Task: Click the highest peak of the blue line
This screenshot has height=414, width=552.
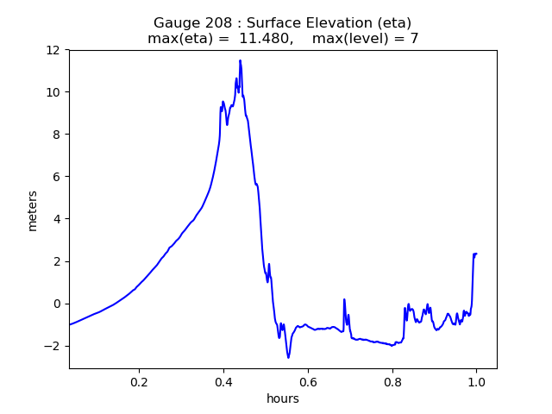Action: click(x=240, y=60)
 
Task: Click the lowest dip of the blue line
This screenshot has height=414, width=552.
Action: click(x=288, y=357)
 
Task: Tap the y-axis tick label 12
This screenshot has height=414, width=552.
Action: click(x=53, y=50)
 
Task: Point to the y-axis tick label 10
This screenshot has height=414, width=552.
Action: click(x=53, y=92)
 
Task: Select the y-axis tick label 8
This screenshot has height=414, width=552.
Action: click(x=57, y=135)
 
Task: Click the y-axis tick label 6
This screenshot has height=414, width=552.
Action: click(x=57, y=177)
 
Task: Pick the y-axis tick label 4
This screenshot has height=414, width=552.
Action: click(x=57, y=219)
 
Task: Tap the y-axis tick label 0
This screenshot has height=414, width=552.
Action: click(x=57, y=304)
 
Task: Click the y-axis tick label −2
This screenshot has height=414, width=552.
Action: click(x=53, y=346)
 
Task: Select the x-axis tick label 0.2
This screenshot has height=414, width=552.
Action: click(x=139, y=380)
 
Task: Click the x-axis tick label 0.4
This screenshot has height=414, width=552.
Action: click(x=223, y=380)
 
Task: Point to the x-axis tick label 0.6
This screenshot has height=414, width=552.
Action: click(x=308, y=380)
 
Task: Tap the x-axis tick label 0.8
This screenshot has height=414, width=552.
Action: click(x=392, y=380)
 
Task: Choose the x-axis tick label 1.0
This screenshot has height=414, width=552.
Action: click(x=476, y=380)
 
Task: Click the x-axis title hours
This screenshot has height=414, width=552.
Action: click(x=283, y=398)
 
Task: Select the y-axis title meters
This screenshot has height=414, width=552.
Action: click(x=33, y=210)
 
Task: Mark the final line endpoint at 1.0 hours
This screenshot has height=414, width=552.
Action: click(x=476, y=254)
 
